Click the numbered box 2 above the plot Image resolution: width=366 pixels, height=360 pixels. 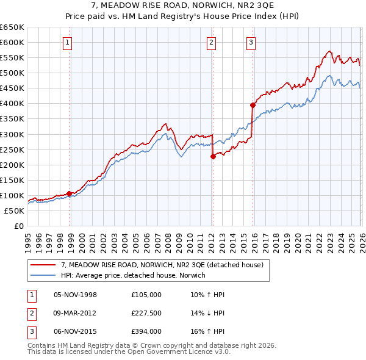[x=210, y=42]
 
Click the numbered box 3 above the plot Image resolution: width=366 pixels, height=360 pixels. [x=251, y=42]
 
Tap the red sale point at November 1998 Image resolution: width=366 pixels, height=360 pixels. [x=69, y=193]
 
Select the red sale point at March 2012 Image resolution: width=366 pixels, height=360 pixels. [x=213, y=156]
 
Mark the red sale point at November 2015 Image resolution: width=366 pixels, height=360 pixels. [x=253, y=105]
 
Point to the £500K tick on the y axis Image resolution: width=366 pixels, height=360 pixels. [x=12, y=73]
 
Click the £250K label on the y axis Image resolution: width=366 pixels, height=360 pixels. [x=12, y=149]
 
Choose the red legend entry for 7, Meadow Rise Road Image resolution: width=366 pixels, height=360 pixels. [x=162, y=265]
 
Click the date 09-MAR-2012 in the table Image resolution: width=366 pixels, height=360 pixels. [x=76, y=313]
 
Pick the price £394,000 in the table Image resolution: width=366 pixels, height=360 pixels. [x=146, y=331]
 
